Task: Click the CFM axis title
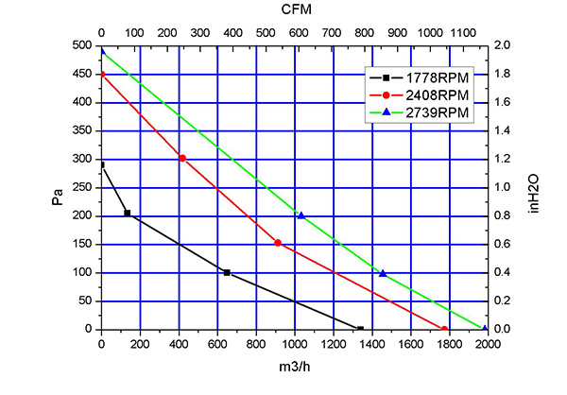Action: tap(294, 9)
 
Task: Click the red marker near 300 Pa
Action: tap(182, 158)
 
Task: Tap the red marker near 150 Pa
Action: tap(278, 243)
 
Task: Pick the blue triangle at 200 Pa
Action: tap(301, 215)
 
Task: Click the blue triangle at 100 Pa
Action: tap(383, 273)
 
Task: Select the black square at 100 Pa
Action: tap(227, 272)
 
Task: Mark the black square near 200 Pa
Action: tap(128, 214)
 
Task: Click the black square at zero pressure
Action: tap(360, 329)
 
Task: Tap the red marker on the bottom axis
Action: tap(444, 329)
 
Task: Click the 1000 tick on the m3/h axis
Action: tap(295, 344)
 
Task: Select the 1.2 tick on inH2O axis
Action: tap(502, 159)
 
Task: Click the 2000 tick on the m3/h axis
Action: tap(488, 344)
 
